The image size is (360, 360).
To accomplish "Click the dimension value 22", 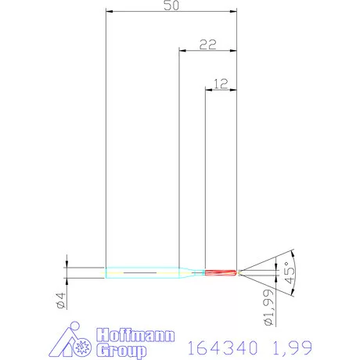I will pos(207,45).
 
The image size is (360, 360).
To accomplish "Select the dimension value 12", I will pos(221,82).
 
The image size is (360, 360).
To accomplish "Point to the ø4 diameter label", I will pos(60,301).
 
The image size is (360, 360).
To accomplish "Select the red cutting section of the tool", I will pos(220,272).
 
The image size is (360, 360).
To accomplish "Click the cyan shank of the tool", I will pos(141,272).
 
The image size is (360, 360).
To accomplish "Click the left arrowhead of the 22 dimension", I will pos(182,51).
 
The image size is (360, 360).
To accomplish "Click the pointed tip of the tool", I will pos(238,272).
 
